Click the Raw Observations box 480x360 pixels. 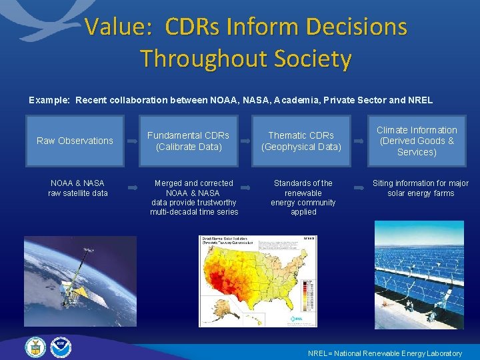pos(75,141)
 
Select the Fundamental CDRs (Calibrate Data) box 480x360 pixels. pos(188,141)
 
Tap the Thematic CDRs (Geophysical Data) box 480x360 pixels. pos(301,141)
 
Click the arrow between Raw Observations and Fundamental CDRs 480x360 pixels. pos(131,141)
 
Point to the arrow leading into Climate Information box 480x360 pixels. pos(359,141)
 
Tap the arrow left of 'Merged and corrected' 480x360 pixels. pos(131,189)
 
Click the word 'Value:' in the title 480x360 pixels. pos(119,27)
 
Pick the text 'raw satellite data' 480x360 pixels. pos(77,193)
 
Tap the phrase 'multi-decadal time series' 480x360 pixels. pos(194,212)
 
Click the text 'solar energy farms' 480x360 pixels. pos(421,193)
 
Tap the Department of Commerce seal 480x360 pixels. pos(35,347)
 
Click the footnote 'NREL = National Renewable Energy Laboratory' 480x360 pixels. pos(385,353)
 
